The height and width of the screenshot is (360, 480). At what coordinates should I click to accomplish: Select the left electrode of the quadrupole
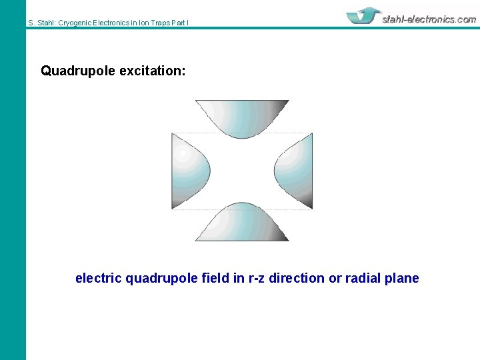(188, 171)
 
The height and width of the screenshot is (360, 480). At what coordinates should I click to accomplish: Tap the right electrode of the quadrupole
(296, 171)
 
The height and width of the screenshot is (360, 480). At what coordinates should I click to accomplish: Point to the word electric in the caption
(98, 278)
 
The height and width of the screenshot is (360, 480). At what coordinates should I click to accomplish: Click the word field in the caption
(216, 278)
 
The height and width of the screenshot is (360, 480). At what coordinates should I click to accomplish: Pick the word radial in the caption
(363, 278)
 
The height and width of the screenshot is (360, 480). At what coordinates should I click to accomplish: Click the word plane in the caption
(402, 278)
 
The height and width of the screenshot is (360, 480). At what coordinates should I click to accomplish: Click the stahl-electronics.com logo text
(429, 19)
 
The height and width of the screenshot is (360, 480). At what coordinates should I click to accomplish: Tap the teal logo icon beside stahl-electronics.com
(363, 16)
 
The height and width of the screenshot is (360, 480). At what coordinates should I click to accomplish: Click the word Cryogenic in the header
(79, 23)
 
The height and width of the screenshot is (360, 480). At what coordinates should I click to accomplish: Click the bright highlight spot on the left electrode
(182, 153)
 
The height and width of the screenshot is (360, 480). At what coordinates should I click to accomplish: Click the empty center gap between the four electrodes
(242, 171)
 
